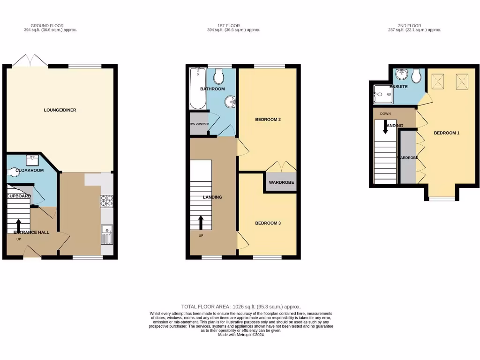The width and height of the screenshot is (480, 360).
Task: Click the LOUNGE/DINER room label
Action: (60, 110)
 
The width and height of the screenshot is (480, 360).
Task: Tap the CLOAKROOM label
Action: (30, 170)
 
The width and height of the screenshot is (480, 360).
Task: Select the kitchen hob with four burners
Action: (106, 201)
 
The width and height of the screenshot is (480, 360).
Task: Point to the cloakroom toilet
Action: (11, 172)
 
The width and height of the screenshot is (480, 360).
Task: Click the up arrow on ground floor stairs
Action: (19, 225)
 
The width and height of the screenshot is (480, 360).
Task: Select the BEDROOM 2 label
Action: (268, 120)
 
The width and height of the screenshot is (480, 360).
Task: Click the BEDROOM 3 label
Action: (268, 223)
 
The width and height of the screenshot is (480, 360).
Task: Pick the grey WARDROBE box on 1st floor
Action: (281, 182)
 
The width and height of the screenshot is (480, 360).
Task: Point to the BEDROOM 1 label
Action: (446, 133)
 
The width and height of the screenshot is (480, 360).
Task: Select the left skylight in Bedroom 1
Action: (439, 82)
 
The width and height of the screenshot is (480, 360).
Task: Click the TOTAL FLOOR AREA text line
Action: (241, 307)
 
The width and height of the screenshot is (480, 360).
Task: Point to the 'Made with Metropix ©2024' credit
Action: (241, 335)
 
